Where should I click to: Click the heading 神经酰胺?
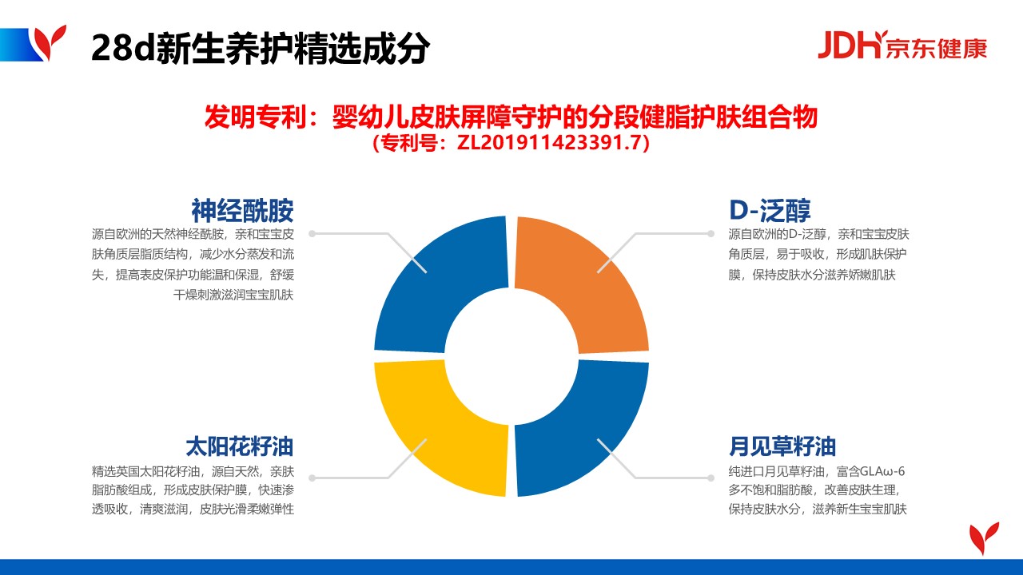click(x=242, y=210)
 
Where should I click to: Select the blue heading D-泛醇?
click(x=770, y=210)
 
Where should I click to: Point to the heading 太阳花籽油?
click(x=239, y=446)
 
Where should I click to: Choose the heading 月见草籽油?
click(x=782, y=446)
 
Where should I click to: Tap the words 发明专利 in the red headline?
click(x=255, y=117)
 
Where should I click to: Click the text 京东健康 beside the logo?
click(x=936, y=48)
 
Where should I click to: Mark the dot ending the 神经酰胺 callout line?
click(x=312, y=234)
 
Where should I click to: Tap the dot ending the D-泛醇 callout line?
click(x=711, y=234)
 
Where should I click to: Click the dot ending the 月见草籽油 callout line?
click(x=711, y=478)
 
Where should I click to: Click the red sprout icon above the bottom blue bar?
click(x=984, y=538)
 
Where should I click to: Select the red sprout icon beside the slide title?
click(x=50, y=42)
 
